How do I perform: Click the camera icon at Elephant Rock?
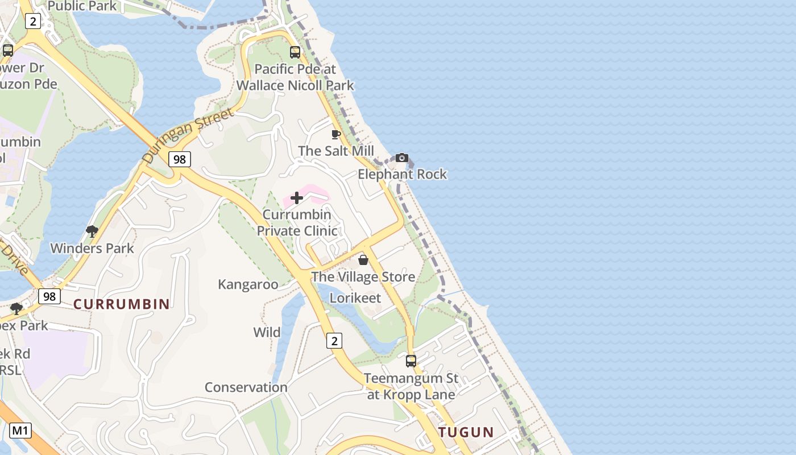point(402,158)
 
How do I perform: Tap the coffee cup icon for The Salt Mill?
point(336,135)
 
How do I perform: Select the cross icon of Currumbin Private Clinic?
point(297,198)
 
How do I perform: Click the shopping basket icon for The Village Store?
point(363,260)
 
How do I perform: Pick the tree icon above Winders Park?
point(92,231)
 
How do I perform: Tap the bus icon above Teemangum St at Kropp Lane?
point(411,361)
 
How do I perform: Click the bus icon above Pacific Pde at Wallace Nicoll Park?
point(295,52)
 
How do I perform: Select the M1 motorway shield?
point(20,431)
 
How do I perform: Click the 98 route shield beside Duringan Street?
point(179,159)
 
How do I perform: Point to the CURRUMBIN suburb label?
point(122,304)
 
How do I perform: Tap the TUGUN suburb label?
point(466,432)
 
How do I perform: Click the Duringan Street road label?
point(188,136)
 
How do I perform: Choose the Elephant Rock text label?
point(403,174)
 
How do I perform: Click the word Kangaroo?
point(248,284)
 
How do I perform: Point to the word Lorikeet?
point(355,298)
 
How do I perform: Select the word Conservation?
point(246,387)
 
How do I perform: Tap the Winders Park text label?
point(92,249)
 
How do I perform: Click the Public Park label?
point(82,6)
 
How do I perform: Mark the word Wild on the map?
point(267,332)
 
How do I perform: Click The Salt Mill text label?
point(336,151)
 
